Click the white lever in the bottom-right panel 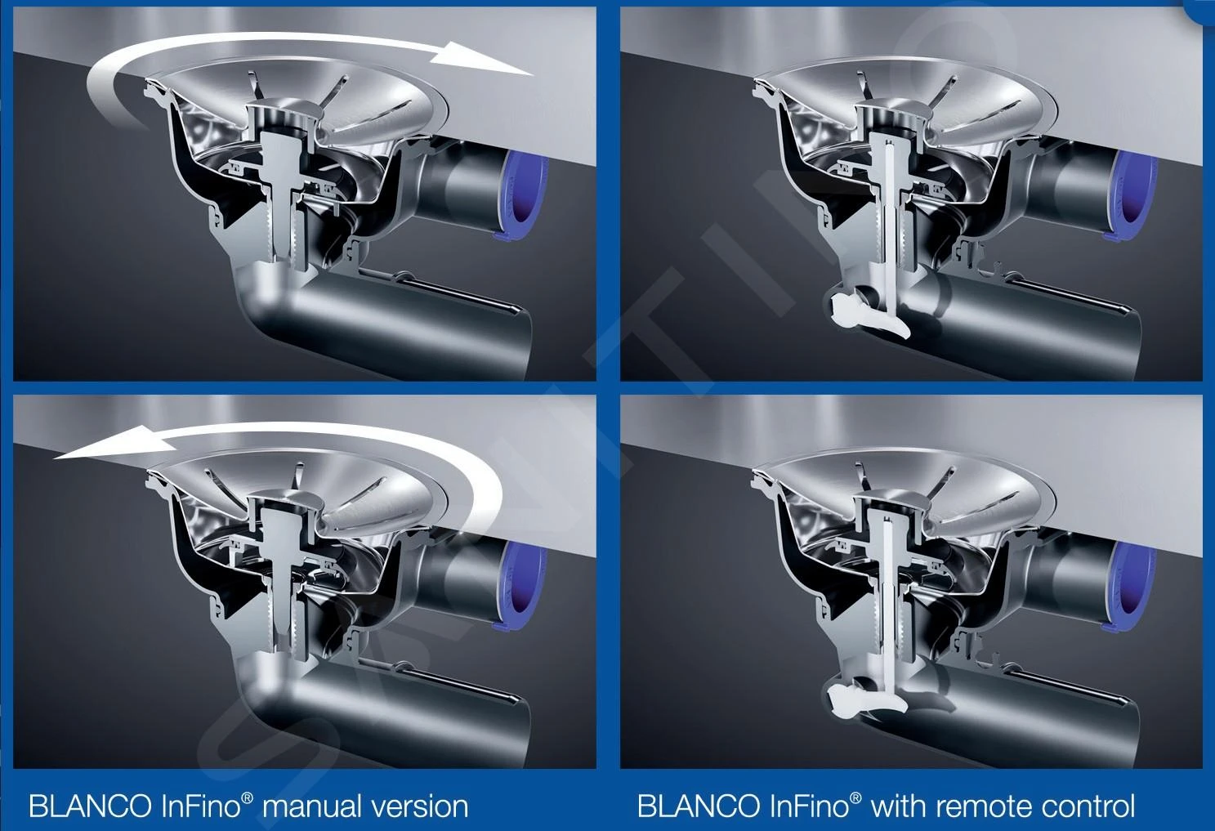pyautogui.click(x=864, y=699)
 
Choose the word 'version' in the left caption pyautogui.click(x=419, y=806)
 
